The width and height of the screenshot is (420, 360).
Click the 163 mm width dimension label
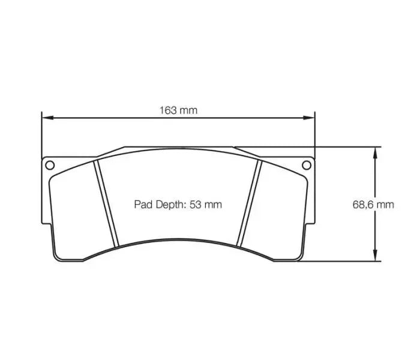[178, 110]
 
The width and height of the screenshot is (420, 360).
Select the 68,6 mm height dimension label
[373, 204]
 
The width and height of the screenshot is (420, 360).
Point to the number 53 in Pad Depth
[195, 205]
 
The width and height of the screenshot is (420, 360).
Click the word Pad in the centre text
[142, 205]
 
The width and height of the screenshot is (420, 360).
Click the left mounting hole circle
[50, 165]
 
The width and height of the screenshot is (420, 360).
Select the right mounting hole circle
[306, 165]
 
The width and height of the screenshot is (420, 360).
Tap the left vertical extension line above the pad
[41, 135]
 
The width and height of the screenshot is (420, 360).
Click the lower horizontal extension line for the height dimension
[342, 261]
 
